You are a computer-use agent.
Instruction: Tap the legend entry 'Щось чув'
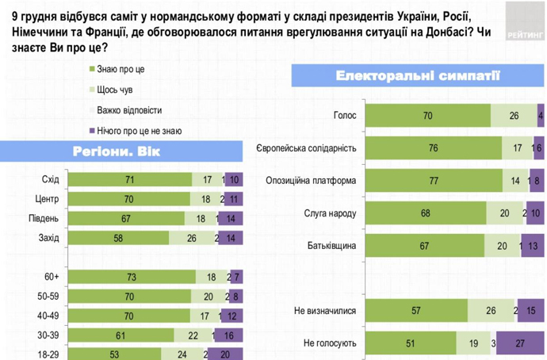[x=113, y=90]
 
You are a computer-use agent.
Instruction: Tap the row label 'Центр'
[x=55, y=198]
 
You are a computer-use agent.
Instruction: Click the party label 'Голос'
[x=343, y=116]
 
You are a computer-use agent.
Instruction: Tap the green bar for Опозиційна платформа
[x=433, y=180]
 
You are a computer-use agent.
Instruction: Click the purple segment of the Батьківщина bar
[x=533, y=245]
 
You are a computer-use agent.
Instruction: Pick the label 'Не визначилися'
[x=327, y=310]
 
